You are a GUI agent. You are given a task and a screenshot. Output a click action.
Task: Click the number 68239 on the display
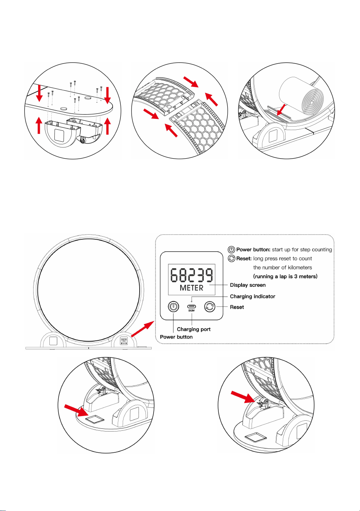coord(192,275)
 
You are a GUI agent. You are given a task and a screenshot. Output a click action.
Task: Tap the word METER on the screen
coord(191,288)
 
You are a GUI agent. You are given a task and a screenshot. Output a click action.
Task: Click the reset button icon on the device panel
coord(210,306)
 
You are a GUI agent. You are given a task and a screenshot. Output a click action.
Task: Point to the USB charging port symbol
coord(192,306)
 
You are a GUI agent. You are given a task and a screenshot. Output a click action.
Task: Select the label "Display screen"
coord(248,285)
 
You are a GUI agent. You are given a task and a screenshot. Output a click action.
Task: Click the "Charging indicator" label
coord(253,296)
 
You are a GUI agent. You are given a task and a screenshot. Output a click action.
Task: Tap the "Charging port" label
coord(194,329)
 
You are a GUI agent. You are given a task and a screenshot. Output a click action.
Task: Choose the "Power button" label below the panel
coord(176,337)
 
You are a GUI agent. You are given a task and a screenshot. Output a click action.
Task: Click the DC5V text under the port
coord(192,310)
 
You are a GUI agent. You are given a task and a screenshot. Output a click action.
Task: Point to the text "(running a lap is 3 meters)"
coord(285,276)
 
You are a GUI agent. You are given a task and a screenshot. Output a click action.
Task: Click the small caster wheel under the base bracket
coord(83,141)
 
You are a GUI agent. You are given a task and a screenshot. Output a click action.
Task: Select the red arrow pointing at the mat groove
coord(281,110)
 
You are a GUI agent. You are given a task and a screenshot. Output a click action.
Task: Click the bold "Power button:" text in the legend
coord(253,250)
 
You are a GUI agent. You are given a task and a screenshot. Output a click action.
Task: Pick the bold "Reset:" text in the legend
coord(244,259)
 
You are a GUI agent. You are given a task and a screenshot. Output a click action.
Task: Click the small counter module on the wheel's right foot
coord(124,341)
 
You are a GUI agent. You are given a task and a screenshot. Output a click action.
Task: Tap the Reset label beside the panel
coord(237,307)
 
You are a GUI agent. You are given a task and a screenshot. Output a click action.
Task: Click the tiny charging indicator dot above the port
coord(192,301)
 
